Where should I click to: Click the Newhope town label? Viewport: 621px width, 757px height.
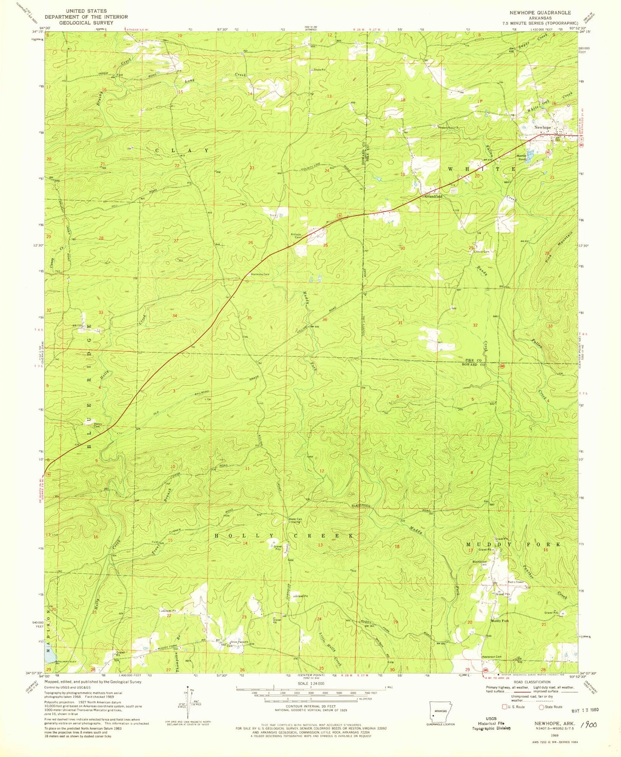(x=542, y=128)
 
